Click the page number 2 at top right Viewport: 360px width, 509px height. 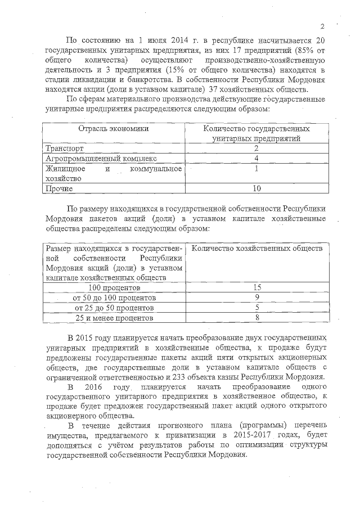tap(323, 26)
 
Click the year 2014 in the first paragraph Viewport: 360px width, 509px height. tap(174, 40)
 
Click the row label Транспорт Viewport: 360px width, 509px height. tap(64, 148)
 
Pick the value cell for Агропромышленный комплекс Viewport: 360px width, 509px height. tap(256, 158)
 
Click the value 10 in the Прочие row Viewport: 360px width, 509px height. tap(256, 188)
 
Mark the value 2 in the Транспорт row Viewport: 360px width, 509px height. tap(256, 148)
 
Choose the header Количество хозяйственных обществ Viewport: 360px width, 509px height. tap(257, 248)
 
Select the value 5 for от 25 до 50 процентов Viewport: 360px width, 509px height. tap(256, 308)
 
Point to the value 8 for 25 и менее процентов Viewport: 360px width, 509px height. tap(256, 318)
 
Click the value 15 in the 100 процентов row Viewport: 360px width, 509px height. tap(256, 287)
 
